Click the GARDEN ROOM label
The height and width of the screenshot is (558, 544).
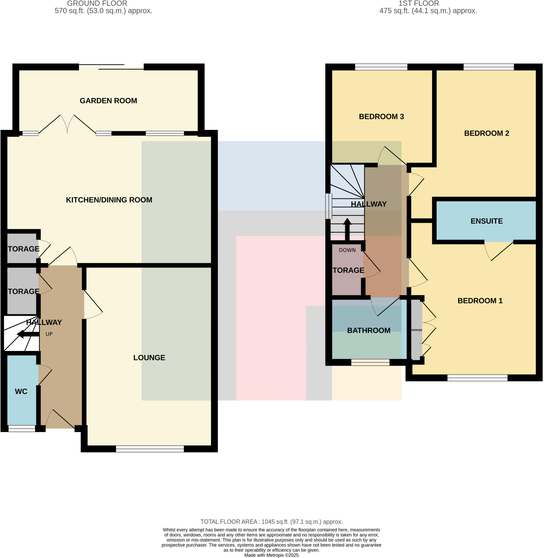pos(108,101)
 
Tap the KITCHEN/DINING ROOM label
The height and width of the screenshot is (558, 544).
pos(109,200)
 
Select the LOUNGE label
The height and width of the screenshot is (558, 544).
pos(149,358)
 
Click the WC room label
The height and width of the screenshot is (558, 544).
pos(21,391)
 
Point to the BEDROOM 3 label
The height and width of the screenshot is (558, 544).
pos(381,117)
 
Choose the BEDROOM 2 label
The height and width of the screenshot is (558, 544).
pos(486,133)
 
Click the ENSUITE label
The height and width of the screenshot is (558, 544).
pos(486,221)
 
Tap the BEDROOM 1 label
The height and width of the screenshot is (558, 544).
pos(480,301)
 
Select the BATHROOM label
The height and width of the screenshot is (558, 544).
pos(369,330)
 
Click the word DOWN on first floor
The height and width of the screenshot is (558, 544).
pos(347,250)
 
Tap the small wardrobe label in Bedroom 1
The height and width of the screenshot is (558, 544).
pos(416,330)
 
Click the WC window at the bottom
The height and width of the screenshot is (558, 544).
pos(22,428)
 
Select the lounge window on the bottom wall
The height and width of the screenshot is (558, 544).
pos(150,449)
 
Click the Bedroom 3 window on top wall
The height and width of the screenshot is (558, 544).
pos(381,67)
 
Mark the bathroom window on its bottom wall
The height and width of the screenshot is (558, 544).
pos(370,362)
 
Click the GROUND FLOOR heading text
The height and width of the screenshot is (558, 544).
pos(97,4)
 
